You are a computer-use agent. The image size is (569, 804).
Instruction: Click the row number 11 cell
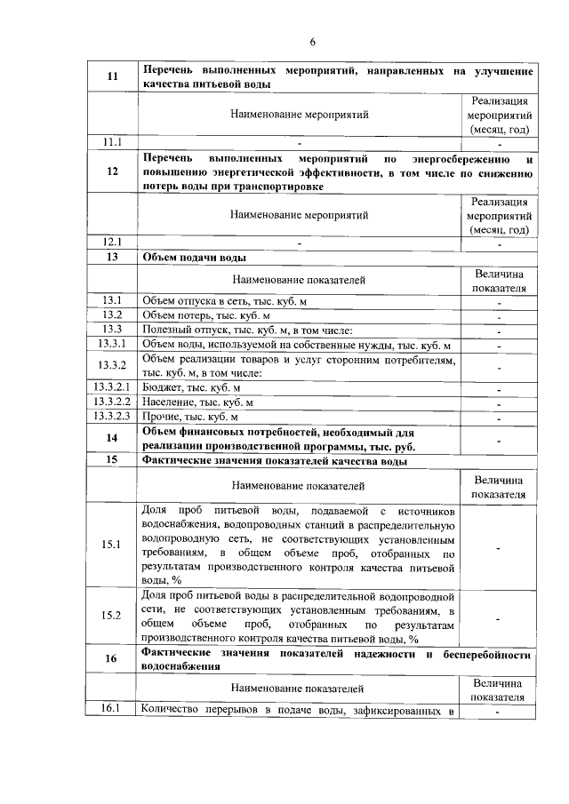pyautogui.click(x=113, y=77)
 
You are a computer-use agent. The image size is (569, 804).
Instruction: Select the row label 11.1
pyautogui.click(x=113, y=141)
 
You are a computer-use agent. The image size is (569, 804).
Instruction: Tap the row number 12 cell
pyautogui.click(x=113, y=172)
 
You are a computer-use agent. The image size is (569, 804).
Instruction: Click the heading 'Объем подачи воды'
pyautogui.click(x=195, y=257)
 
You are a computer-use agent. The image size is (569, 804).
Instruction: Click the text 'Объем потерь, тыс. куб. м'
pyautogui.click(x=205, y=315)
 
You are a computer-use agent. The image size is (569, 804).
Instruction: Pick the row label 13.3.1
pyautogui.click(x=113, y=345)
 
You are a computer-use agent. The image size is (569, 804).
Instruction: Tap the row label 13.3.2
pyautogui.click(x=113, y=366)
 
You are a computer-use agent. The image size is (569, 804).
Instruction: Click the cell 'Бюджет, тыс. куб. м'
pyautogui.click(x=191, y=388)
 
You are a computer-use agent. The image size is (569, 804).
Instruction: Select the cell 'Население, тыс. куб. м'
pyautogui.click(x=198, y=402)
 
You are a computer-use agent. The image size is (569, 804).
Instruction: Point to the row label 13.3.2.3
pyautogui.click(x=113, y=417)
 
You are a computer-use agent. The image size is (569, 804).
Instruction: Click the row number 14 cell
pyautogui.click(x=113, y=438)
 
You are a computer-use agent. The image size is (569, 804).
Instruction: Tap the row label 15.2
pyautogui.click(x=113, y=616)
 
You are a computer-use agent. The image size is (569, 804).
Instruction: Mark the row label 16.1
pyautogui.click(x=113, y=708)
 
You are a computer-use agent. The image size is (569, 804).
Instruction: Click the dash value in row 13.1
pyautogui.click(x=500, y=301)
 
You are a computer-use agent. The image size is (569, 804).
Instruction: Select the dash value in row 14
pyautogui.click(x=500, y=439)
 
